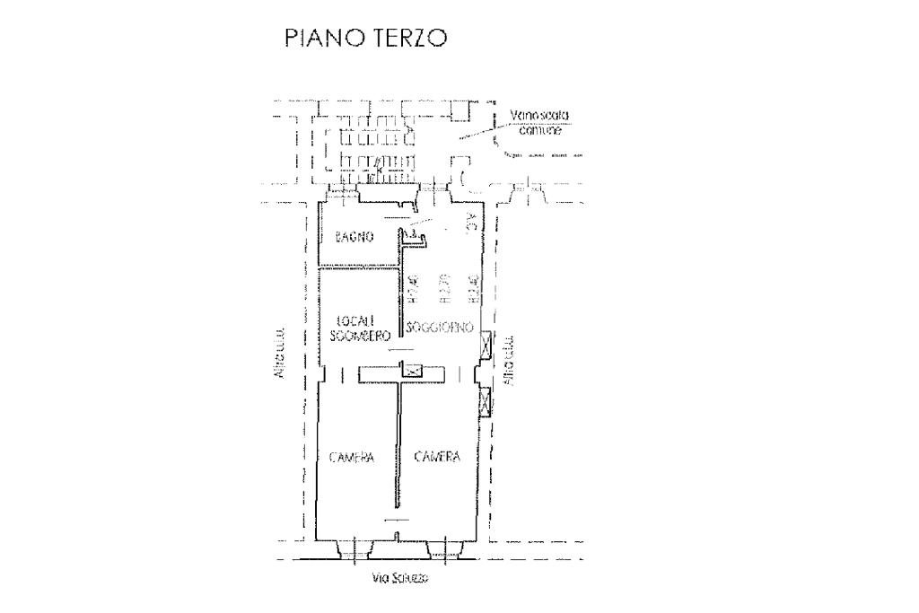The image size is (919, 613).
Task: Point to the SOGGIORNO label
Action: (440, 328)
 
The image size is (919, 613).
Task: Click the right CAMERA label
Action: (437, 457)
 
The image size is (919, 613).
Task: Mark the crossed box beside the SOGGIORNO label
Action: (486, 343)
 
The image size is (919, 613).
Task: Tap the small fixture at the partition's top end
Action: (415, 237)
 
